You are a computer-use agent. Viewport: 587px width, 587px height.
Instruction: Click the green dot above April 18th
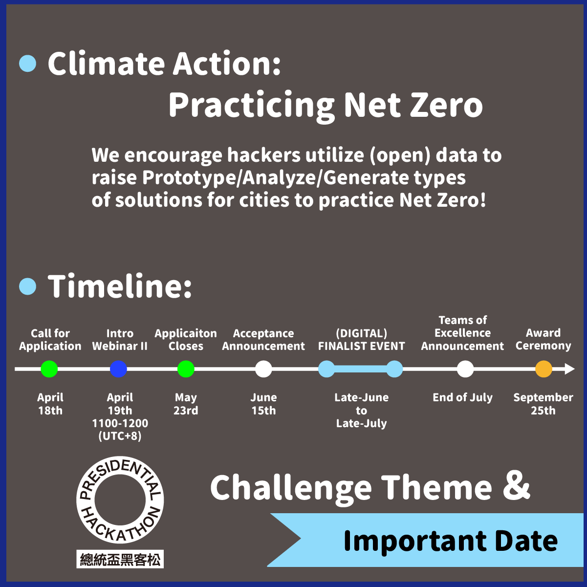(49, 369)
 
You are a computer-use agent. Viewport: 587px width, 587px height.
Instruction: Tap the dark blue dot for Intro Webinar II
(118, 369)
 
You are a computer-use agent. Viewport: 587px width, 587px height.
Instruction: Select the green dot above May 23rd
(186, 369)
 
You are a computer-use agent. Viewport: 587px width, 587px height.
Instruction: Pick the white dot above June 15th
(263, 369)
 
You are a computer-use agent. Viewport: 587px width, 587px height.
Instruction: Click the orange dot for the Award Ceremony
(544, 369)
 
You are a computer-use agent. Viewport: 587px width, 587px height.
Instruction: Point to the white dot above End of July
(465, 369)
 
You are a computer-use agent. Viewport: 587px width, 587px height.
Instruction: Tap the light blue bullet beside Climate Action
(28, 64)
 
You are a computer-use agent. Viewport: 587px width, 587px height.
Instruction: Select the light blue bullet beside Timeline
(28, 286)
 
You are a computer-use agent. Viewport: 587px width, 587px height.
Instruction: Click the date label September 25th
(543, 404)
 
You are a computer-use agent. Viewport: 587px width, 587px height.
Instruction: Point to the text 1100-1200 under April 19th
(120, 423)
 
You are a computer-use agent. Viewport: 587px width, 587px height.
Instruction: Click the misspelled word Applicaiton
(186, 333)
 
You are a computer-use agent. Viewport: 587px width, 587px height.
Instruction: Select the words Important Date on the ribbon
(451, 542)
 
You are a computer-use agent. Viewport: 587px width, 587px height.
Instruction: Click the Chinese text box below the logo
(120, 559)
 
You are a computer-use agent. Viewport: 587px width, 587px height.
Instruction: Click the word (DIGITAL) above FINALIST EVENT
(362, 333)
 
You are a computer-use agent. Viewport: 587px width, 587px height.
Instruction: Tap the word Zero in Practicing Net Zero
(447, 105)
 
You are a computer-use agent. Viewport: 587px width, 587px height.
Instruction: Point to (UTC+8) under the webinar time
(120, 436)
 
